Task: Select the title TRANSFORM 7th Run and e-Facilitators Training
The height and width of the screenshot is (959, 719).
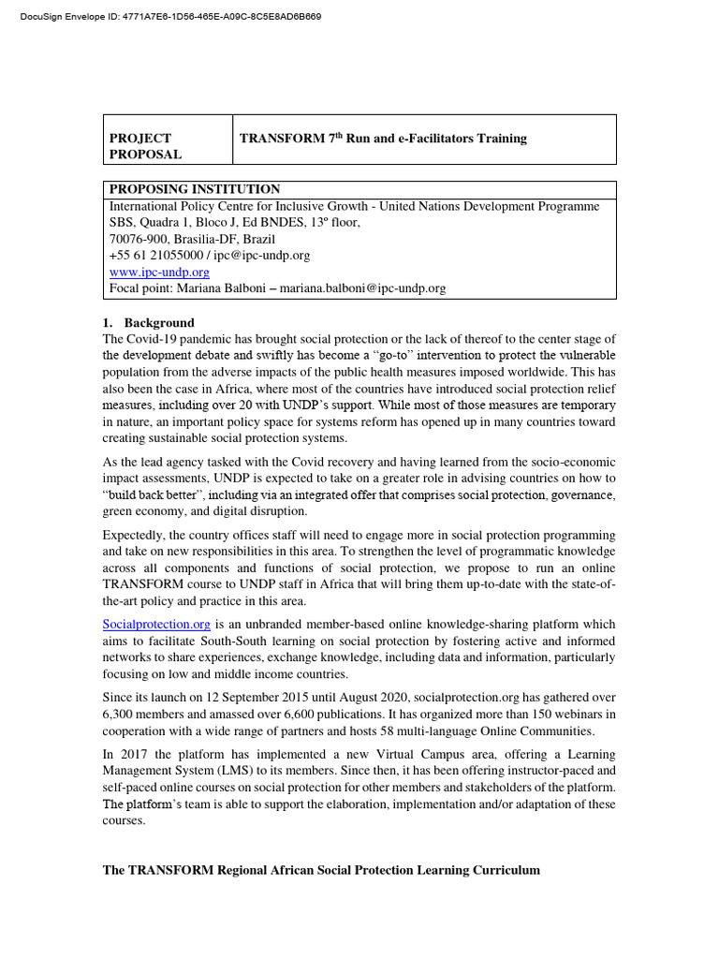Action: (383, 139)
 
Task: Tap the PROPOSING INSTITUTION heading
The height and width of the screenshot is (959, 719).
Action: (195, 189)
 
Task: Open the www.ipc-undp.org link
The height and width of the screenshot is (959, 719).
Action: (159, 272)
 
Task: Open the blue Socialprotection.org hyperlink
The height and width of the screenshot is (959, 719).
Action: (157, 624)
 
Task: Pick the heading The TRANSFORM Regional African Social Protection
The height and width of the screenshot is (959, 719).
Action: (321, 870)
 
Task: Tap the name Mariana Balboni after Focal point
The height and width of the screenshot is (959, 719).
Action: (219, 288)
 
